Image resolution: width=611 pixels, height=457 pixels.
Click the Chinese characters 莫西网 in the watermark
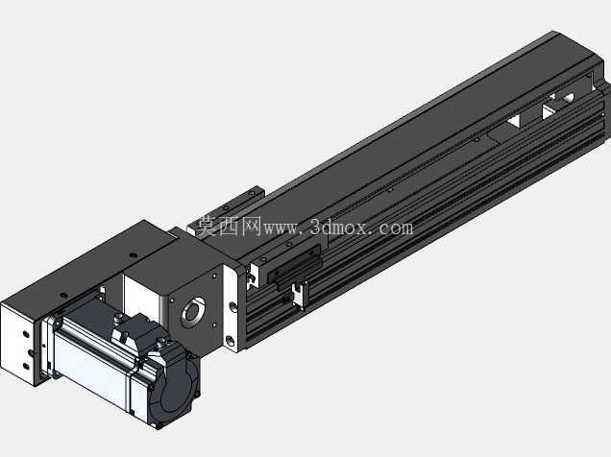[x=228, y=227]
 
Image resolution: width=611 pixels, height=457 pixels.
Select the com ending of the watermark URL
[x=395, y=228]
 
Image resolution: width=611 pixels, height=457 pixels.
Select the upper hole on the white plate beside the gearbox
[x=232, y=306]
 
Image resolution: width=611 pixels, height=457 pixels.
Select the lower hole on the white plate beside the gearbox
[x=231, y=341]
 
